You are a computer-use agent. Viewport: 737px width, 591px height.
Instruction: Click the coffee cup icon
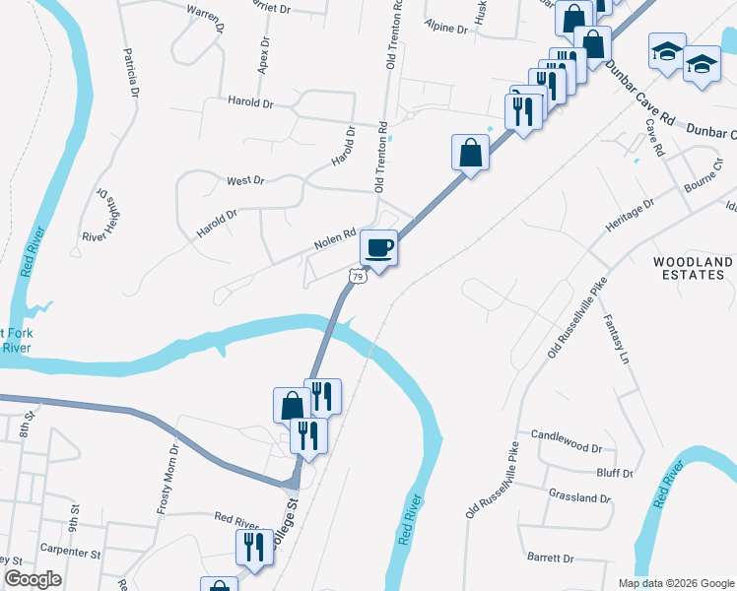point(378,246)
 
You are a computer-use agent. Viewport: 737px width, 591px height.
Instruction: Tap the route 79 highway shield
point(359,278)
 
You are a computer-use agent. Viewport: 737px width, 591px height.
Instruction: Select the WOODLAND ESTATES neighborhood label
point(694,268)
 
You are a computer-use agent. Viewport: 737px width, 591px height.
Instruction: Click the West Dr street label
point(245,180)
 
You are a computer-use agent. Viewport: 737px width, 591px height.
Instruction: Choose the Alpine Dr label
point(445,29)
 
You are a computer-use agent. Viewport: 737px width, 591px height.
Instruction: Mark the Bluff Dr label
point(615,473)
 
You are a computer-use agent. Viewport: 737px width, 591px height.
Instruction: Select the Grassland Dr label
point(579,498)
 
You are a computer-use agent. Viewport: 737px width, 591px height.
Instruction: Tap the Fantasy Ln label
point(614,340)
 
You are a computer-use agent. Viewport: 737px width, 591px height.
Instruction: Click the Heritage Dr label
point(630,215)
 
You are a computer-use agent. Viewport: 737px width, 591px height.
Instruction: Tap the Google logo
point(33,578)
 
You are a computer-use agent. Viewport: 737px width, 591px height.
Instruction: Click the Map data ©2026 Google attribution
point(676,583)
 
